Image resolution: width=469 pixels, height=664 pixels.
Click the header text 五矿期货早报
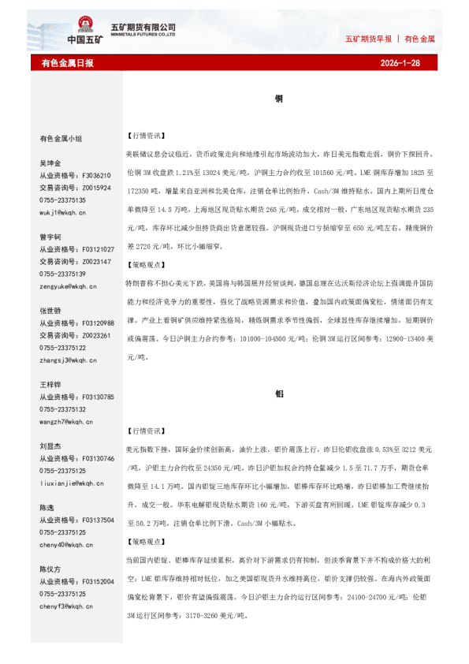(x=369, y=39)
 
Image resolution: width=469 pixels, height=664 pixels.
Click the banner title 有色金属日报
(x=67, y=62)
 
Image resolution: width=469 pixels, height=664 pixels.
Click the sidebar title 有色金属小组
(x=61, y=138)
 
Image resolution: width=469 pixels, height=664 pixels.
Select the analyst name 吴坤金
(x=50, y=163)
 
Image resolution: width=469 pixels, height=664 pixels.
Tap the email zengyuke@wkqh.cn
(x=64, y=286)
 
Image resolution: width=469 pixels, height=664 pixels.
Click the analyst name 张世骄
(x=50, y=311)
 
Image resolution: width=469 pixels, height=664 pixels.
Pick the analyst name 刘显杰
(x=50, y=446)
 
